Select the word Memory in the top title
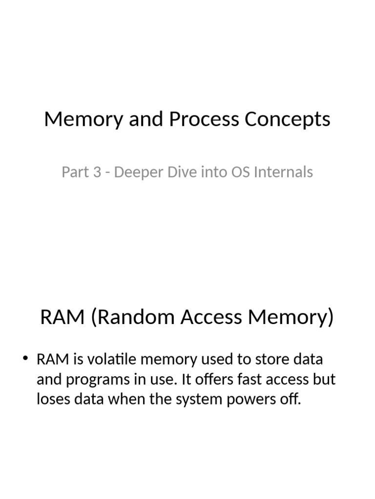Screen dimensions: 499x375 (83, 119)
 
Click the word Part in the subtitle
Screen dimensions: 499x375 (74, 172)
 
